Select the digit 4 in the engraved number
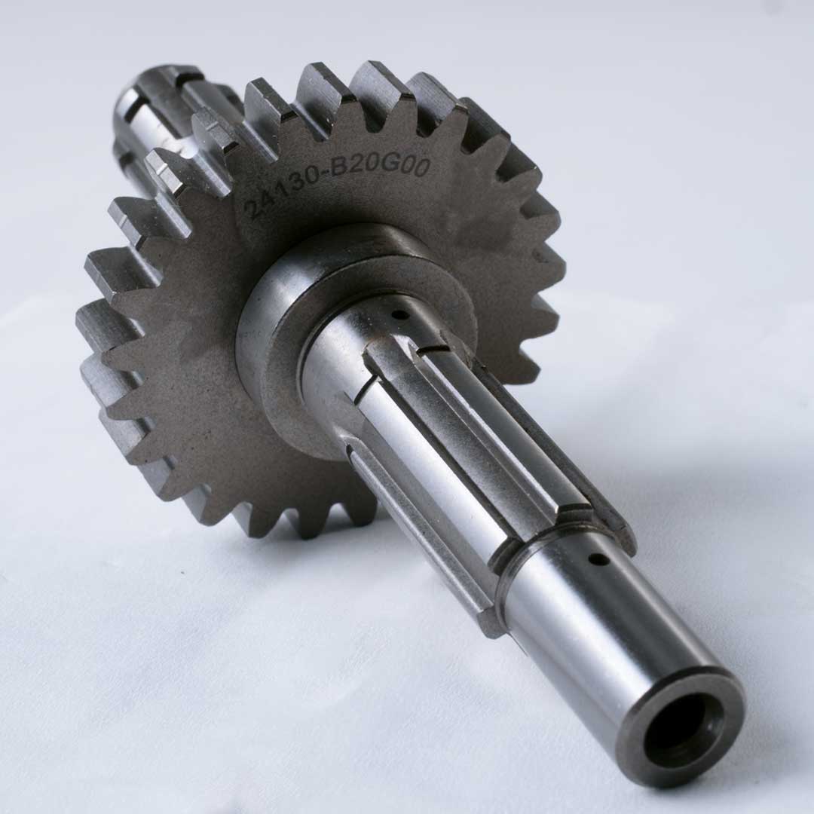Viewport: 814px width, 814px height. (x=265, y=199)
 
